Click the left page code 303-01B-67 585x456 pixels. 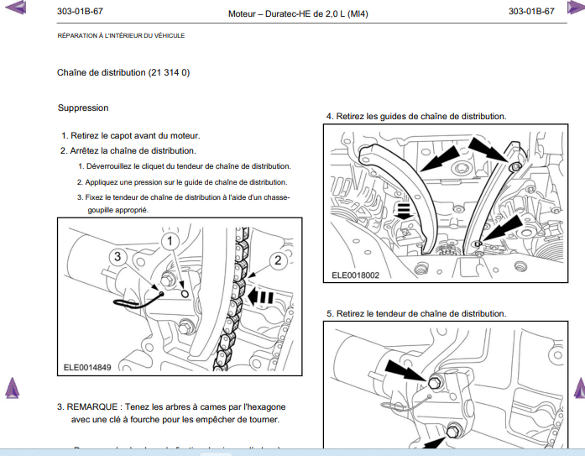point(81,12)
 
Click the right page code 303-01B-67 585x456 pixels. point(531,12)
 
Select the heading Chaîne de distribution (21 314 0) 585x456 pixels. point(123,73)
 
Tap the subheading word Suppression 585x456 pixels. point(83,107)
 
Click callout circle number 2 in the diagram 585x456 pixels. point(277,260)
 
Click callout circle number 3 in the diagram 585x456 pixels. point(119,255)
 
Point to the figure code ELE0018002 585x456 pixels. point(355,275)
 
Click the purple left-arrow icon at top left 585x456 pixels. point(14,10)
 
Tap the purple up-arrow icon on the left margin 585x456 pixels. point(12,388)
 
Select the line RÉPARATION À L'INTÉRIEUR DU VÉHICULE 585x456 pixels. point(121,35)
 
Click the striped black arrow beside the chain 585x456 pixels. point(262,296)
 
